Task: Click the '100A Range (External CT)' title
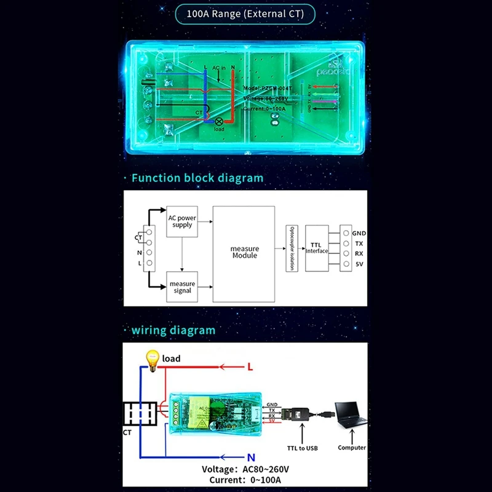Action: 246,14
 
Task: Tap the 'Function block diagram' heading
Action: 197,178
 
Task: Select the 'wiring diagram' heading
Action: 173,330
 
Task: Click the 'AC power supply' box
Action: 182,221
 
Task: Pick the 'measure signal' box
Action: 182,287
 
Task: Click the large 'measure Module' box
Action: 244,253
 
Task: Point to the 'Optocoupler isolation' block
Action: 292,248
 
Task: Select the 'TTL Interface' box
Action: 318,248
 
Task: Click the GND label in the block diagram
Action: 359,234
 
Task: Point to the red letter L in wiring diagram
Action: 250,367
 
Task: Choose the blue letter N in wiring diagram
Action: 250,458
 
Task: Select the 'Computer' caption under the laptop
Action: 352,448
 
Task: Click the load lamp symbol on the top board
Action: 218,122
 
